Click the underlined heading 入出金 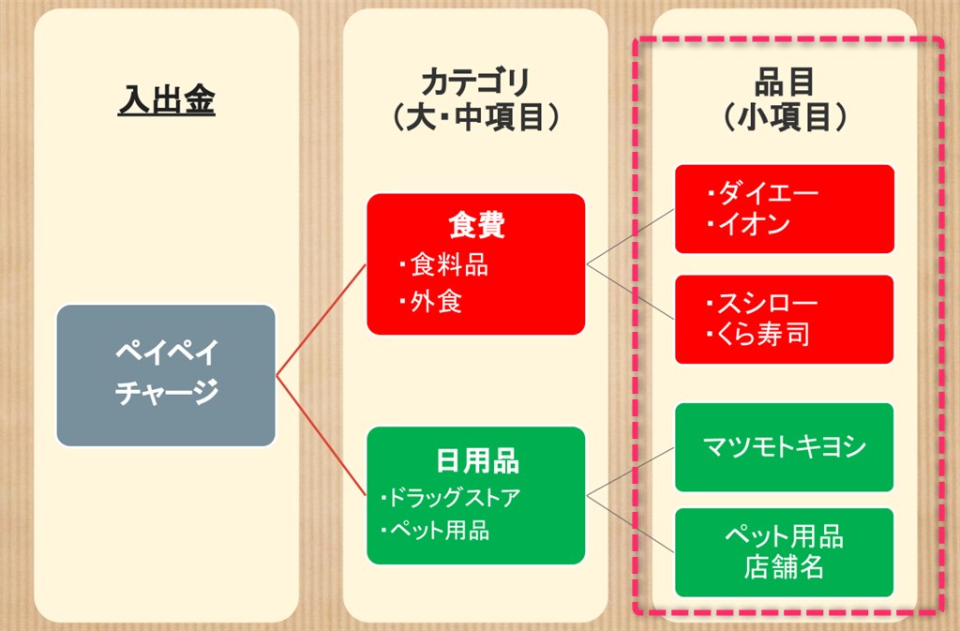point(167,99)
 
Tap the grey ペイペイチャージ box point(166,375)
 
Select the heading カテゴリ point(475,82)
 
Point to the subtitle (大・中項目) point(475,116)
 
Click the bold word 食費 point(476,225)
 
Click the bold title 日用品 point(477,460)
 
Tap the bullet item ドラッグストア point(450,497)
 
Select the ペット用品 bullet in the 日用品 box point(435,530)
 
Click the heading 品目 point(785,82)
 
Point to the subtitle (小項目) point(785,116)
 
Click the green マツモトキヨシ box point(785,447)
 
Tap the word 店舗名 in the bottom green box point(785,566)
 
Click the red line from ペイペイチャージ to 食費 point(321,320)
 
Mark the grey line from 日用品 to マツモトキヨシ point(630,472)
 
